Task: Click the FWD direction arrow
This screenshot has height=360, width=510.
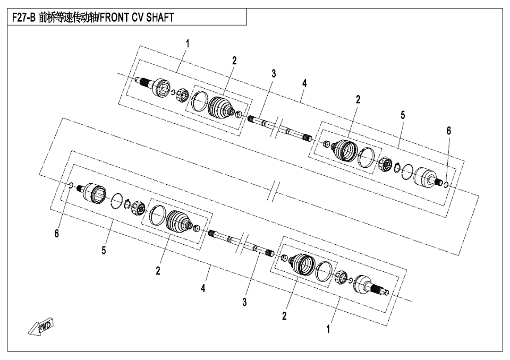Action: (41, 326)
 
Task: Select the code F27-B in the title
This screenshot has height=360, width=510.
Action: (23, 17)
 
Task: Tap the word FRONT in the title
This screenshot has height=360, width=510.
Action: (115, 17)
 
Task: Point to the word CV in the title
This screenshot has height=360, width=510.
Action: (138, 17)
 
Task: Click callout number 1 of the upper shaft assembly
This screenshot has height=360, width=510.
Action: (188, 44)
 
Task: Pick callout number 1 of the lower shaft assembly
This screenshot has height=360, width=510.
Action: (328, 329)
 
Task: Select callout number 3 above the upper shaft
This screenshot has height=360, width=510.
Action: (274, 74)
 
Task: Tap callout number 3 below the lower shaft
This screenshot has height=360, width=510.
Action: (244, 302)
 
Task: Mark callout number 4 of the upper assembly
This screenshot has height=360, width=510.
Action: (304, 83)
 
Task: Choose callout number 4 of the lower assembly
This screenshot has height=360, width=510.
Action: (203, 288)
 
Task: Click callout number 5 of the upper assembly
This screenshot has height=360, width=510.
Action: (403, 115)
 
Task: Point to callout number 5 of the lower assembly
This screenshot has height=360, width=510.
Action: (104, 250)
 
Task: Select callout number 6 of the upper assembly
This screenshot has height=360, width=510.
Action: (449, 131)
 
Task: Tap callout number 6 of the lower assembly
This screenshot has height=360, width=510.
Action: (57, 233)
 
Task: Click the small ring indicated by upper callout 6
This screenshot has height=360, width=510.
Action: (446, 185)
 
